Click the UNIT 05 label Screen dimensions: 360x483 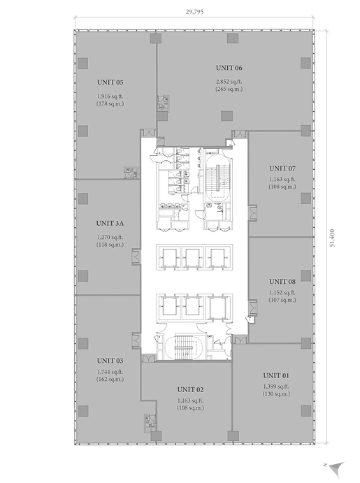(x=110, y=82)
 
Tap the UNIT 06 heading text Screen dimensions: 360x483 (x=229, y=68)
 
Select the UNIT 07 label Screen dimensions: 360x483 (x=282, y=168)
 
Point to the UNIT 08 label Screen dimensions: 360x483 (x=282, y=282)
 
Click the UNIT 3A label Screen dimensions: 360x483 (x=110, y=223)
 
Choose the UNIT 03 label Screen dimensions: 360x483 (x=110, y=361)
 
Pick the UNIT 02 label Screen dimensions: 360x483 (x=190, y=389)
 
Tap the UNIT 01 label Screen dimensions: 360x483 (x=276, y=375)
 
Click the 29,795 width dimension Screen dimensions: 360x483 (x=194, y=12)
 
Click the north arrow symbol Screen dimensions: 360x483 (x=336, y=468)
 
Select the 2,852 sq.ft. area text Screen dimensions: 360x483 (x=229, y=82)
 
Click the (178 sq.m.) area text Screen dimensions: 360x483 (x=110, y=103)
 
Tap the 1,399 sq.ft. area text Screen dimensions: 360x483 (x=276, y=387)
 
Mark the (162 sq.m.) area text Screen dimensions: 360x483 (x=110, y=379)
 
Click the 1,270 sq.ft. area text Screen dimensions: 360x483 (x=110, y=237)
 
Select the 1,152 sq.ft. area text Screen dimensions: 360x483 (x=282, y=292)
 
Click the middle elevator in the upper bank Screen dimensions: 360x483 (x=192, y=257)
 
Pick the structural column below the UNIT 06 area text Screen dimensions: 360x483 (x=226, y=116)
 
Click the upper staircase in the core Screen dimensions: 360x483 (x=217, y=178)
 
